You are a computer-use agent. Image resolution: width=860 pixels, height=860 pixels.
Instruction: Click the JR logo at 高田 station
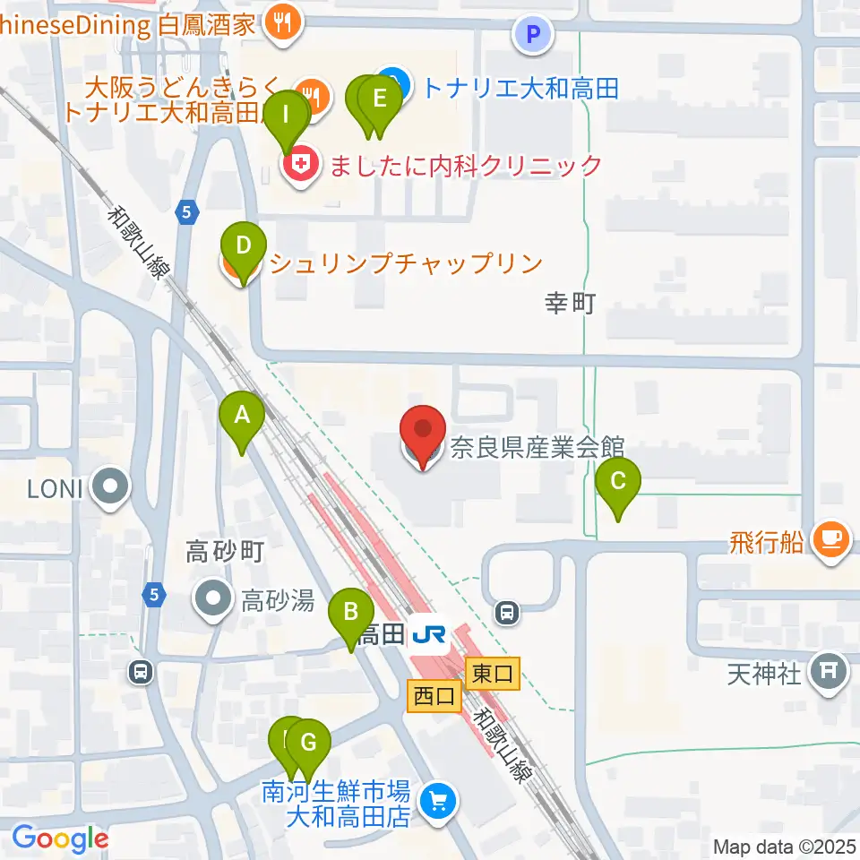[428, 635]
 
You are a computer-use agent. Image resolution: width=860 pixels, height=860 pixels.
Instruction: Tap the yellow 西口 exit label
[434, 695]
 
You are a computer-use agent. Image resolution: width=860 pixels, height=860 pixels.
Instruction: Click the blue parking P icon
[534, 35]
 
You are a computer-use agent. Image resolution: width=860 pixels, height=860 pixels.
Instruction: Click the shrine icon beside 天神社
[830, 672]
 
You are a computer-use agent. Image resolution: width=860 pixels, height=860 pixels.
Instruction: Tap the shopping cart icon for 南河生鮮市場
[439, 797]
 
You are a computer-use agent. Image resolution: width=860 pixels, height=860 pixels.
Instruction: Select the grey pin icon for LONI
[112, 489]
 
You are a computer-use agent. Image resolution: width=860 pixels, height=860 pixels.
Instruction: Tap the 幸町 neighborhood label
[571, 305]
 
